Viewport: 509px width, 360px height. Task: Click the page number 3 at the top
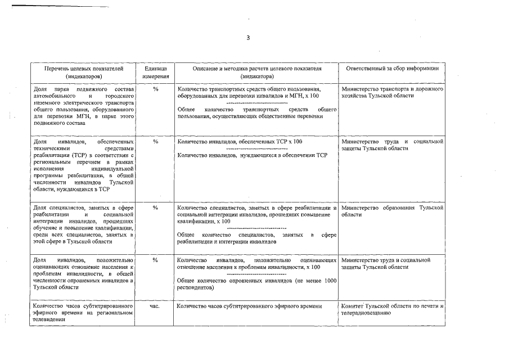(x=247, y=38)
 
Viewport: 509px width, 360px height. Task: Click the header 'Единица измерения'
(x=155, y=71)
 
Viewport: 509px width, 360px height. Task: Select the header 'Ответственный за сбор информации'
(x=392, y=68)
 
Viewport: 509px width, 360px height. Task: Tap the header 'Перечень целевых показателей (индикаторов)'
(x=83, y=71)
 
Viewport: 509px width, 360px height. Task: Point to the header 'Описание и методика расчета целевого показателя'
(x=256, y=68)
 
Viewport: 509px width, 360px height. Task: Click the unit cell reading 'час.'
(x=155, y=306)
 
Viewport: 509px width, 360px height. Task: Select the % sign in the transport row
(x=155, y=89)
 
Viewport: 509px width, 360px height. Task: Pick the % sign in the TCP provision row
(x=155, y=141)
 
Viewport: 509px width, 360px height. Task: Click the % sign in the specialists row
(x=155, y=208)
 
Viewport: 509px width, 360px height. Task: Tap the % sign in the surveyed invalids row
(x=155, y=260)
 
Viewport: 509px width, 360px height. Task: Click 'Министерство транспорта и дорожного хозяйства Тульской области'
(x=392, y=93)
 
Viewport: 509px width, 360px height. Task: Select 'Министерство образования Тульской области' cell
(x=392, y=211)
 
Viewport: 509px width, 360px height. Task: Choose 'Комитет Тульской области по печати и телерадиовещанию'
(x=392, y=309)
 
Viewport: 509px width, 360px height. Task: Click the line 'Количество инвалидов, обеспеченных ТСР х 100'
(x=239, y=141)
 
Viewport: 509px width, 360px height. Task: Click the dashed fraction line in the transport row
(x=256, y=103)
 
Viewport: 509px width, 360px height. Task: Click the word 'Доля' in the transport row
(x=40, y=89)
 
